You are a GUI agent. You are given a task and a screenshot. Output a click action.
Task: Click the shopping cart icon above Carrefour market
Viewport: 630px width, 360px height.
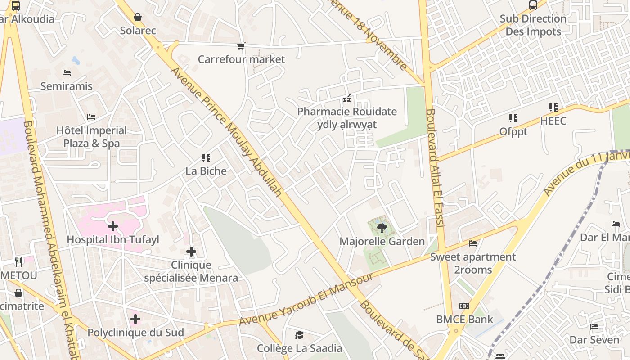[x=241, y=46]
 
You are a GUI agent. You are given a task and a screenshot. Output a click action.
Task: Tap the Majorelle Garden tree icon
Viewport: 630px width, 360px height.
[x=382, y=228]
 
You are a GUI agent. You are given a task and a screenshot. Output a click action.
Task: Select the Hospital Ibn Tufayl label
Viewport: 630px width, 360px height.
[x=113, y=239]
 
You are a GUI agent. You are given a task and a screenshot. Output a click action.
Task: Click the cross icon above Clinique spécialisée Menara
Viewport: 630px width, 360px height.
[x=191, y=252]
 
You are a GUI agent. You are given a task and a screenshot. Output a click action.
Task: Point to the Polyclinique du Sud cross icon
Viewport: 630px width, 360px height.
[x=135, y=319]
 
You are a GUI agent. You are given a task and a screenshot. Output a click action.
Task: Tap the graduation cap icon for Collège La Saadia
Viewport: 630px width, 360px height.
[x=299, y=335]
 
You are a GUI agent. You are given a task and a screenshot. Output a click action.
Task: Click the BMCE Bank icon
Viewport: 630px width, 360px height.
[x=464, y=306]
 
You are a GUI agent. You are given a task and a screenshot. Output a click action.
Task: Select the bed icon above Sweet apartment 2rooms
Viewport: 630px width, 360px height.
[x=472, y=243]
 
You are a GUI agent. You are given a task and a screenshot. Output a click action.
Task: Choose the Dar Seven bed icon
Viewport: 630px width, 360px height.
[x=594, y=327]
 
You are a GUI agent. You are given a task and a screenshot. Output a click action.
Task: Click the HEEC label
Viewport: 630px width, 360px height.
[x=553, y=121]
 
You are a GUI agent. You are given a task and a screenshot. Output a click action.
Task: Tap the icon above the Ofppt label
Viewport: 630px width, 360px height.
[x=513, y=118]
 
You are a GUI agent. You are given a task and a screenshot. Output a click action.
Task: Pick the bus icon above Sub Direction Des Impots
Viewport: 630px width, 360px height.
[x=533, y=5]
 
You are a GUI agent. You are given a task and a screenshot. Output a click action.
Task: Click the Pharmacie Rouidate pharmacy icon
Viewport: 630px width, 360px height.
[x=347, y=99]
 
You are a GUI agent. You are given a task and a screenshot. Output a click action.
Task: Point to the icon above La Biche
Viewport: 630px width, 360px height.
[x=206, y=158]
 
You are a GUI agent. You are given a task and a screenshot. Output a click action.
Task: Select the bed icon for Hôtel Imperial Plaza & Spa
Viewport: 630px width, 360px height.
[x=91, y=117]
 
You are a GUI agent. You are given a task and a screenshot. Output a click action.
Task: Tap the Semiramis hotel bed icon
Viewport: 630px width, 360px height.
[x=67, y=73]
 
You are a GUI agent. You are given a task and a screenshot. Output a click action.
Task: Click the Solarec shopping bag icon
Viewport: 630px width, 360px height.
[x=138, y=17]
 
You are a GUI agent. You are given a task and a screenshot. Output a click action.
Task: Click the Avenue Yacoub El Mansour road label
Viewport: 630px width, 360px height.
[x=306, y=299]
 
